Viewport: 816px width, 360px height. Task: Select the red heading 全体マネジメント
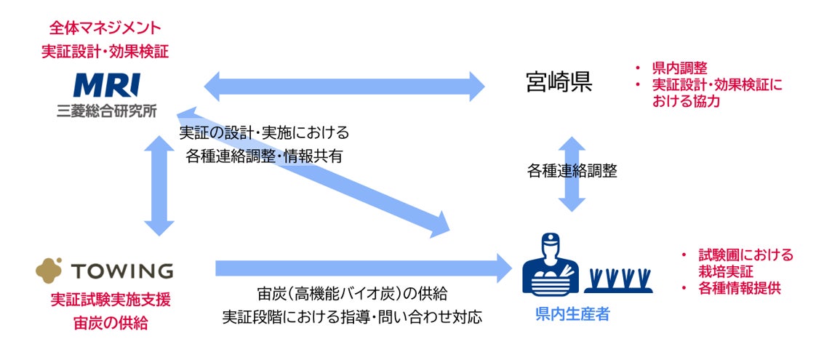click(105, 28)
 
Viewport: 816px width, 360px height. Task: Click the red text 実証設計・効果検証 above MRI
click(105, 52)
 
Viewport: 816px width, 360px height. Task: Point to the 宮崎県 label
click(559, 83)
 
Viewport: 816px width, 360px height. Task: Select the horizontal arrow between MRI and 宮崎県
click(345, 87)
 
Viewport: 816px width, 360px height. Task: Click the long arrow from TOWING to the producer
click(364, 268)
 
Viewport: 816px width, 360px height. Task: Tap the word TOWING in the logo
click(122, 271)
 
